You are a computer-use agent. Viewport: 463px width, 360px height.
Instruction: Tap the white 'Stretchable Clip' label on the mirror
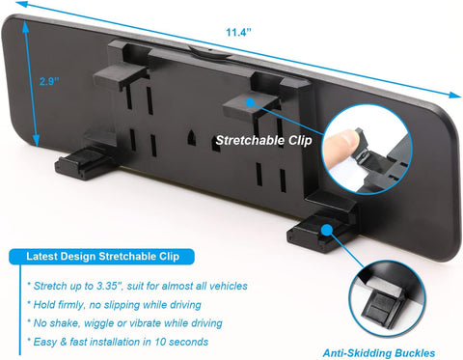[262, 139]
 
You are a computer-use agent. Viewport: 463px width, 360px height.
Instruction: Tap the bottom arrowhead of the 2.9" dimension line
[38, 144]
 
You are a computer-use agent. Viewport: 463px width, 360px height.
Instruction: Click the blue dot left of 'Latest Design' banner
[14, 257]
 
